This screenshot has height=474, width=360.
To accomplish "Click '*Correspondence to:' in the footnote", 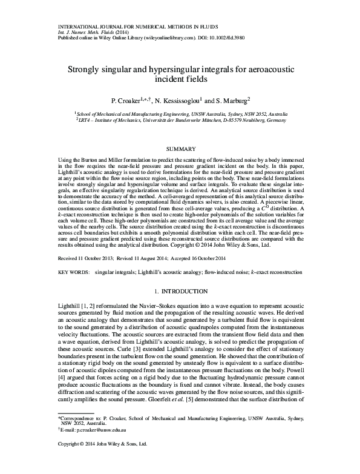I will [76, 435].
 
